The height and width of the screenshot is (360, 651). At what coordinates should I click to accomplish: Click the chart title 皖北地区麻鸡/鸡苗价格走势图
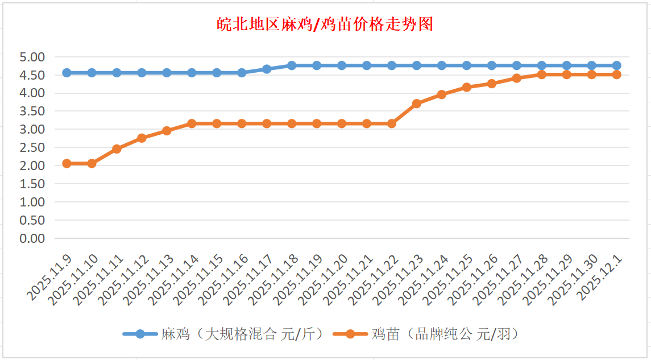pos(325,24)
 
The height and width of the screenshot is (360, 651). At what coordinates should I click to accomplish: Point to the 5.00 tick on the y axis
pos(32,57)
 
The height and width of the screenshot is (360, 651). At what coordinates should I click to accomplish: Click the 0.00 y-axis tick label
pos(32,238)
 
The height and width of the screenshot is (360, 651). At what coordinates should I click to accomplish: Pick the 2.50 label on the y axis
pos(32,147)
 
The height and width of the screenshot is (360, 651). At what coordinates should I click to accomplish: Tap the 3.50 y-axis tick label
pos(32,111)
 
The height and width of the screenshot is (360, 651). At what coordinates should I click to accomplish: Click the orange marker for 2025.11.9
pos(67,163)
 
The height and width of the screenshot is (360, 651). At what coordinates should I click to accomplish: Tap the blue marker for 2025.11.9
pos(67,73)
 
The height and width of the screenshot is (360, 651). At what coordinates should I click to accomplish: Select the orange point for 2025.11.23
pos(417,104)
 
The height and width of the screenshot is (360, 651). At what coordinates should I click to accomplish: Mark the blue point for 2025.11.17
pos(267,69)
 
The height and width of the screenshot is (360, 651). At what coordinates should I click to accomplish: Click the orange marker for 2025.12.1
pos(617,75)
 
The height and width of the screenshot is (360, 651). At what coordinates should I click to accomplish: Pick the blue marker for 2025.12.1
pos(617,65)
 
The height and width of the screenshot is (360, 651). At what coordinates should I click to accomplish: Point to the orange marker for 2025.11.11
pos(117,149)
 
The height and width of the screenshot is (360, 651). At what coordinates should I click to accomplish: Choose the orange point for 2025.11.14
pos(192,123)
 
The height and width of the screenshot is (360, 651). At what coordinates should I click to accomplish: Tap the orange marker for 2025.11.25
pos(467,87)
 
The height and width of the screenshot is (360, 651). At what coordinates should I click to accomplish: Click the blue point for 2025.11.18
pos(292,65)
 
